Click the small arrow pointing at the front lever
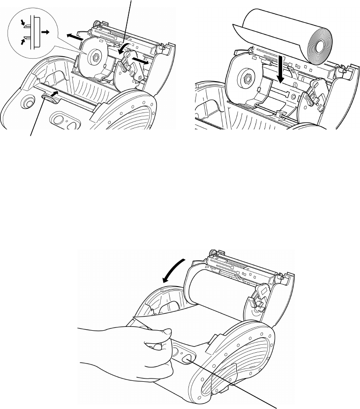click(x=56, y=94)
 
